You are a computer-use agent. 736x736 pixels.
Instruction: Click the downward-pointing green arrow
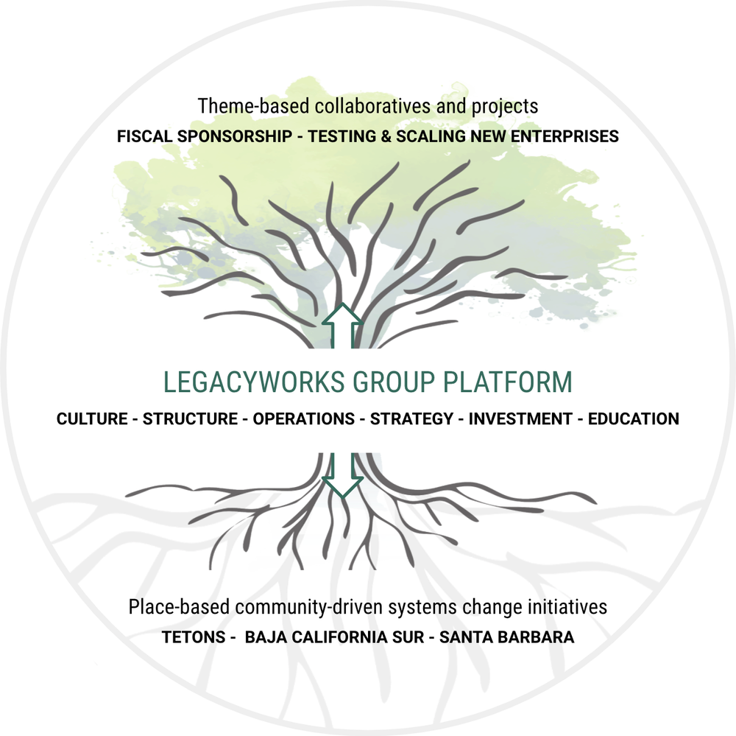[342, 475]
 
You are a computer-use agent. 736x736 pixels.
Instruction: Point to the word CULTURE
[92, 419]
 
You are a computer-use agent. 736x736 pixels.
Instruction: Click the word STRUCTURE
[191, 419]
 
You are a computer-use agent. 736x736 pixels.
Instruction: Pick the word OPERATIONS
[303, 419]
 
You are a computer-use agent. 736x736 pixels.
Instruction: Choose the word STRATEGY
[411, 419]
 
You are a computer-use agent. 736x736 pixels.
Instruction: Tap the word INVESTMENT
[520, 419]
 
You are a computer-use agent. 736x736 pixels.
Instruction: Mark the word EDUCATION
[632, 419]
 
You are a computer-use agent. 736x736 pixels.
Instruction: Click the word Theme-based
[246, 106]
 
